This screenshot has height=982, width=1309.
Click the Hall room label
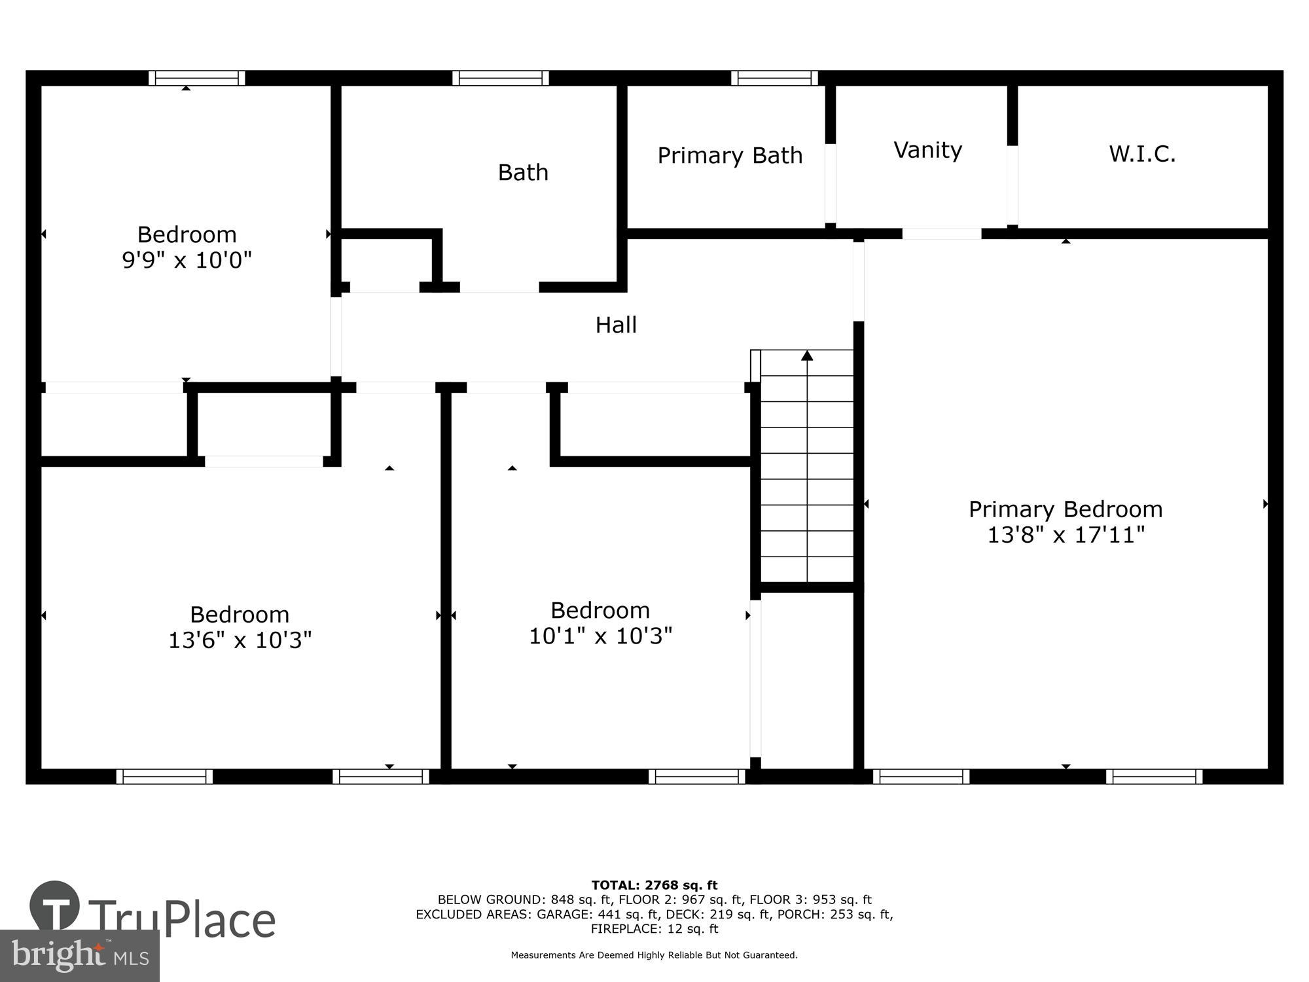pos(616,325)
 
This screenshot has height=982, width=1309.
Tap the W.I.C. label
pos(1142,155)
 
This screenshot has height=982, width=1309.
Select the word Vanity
pos(927,151)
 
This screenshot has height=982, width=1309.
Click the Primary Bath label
pos(730,156)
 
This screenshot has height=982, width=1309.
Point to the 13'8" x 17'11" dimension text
pos(1066,536)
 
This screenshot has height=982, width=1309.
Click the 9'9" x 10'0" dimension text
pos(187,261)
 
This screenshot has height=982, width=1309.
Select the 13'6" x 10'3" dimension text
pos(240,640)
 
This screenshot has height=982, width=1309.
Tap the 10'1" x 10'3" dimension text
pos(600,636)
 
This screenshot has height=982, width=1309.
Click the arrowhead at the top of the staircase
pos(807,355)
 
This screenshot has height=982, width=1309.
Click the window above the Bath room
pos(501,79)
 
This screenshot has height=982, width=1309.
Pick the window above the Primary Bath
pos(774,79)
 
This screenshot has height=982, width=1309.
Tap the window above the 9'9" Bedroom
pos(196,79)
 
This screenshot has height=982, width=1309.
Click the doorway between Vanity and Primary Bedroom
pos(942,234)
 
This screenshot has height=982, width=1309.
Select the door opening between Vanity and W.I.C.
pos(1012,185)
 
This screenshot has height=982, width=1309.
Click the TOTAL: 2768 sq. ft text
pos(654,886)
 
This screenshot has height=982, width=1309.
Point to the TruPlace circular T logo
pos(55,907)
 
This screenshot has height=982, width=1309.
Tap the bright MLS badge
pos(79,956)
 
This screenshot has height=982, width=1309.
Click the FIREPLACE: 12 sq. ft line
pos(654,929)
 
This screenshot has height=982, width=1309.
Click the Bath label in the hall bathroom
pos(523,173)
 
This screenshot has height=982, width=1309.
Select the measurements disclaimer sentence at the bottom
pos(654,955)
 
